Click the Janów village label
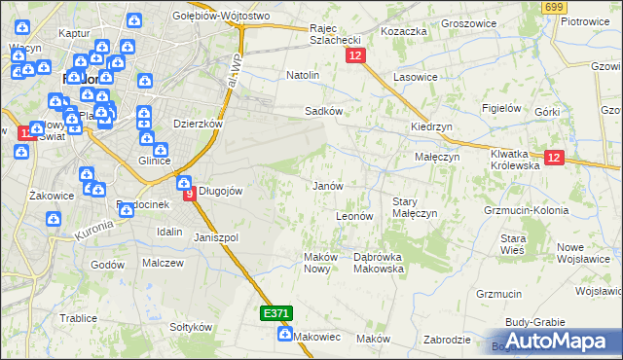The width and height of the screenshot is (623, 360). click(x=326, y=185)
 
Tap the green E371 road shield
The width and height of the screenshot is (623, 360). click(x=275, y=313)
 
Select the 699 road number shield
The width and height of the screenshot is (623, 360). click(x=555, y=8)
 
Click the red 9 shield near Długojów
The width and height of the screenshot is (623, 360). click(x=190, y=193)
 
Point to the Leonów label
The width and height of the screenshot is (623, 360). click(x=354, y=216)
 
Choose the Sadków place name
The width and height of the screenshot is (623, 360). click(x=323, y=111)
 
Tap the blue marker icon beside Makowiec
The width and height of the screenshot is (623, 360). click(x=284, y=335)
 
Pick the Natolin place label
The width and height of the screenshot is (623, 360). click(x=303, y=75)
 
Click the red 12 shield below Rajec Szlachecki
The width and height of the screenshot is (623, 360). click(x=354, y=57)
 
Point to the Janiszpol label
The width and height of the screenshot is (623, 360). click(x=216, y=237)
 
